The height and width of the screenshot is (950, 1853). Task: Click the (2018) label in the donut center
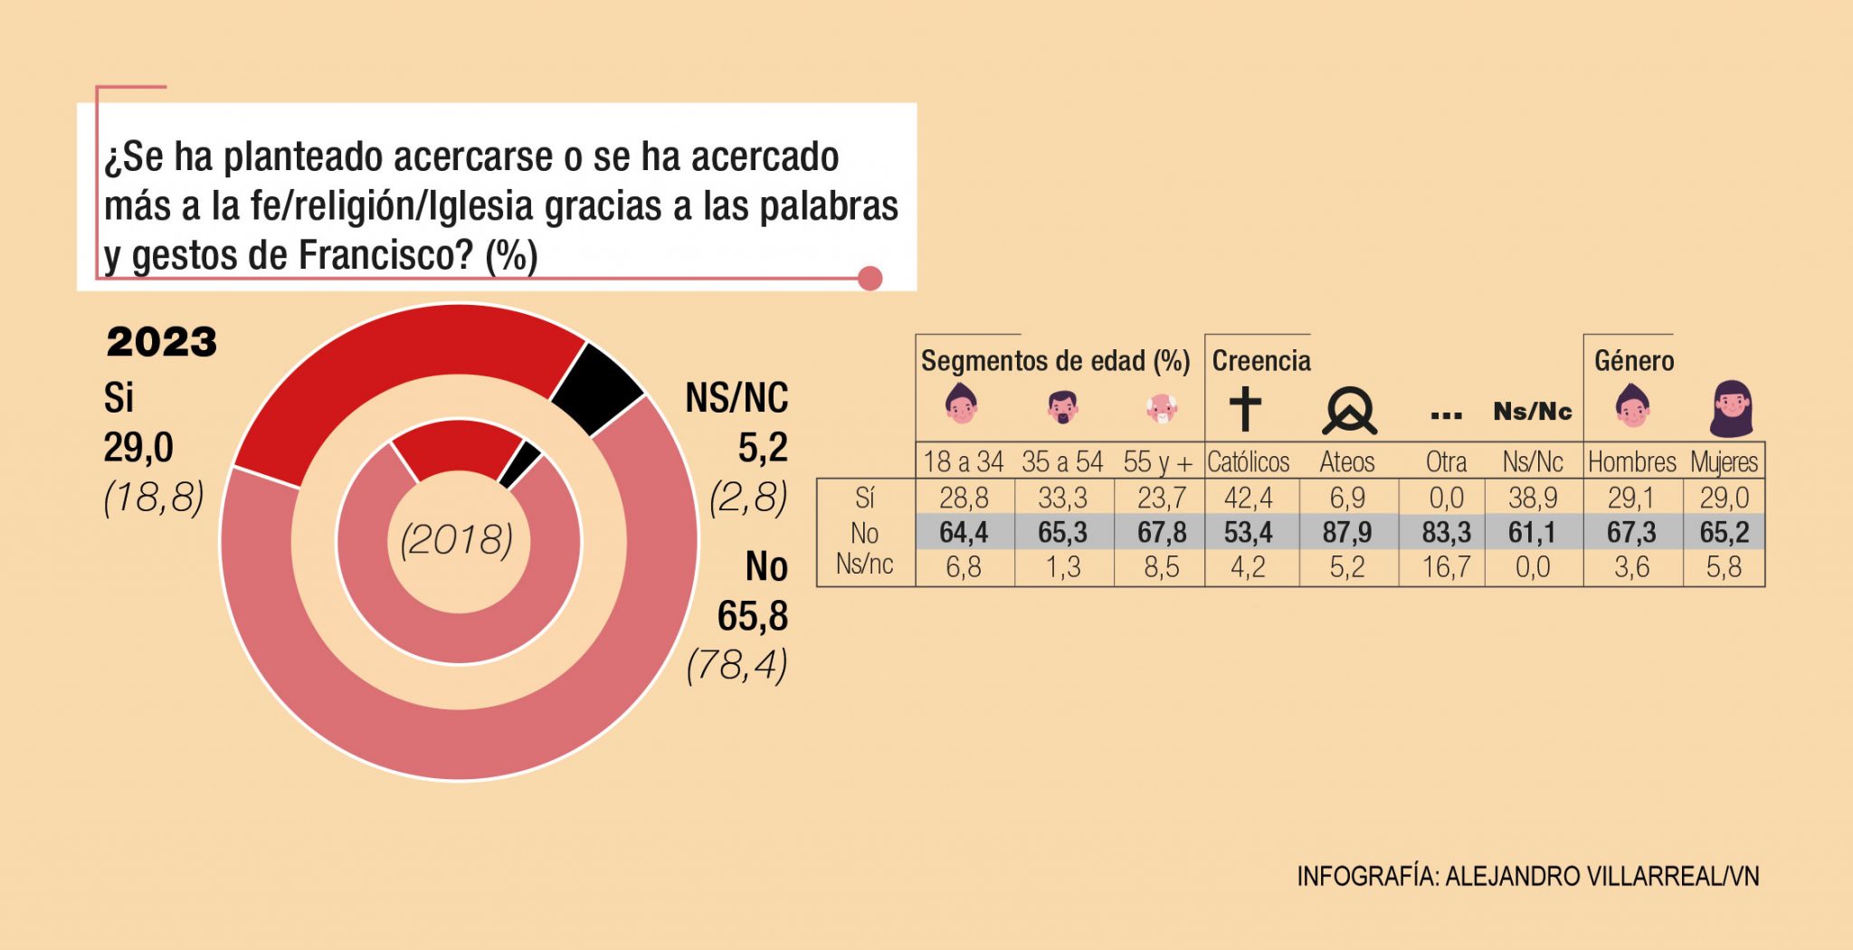pos(457,540)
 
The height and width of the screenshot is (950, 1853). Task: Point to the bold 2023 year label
pos(162,343)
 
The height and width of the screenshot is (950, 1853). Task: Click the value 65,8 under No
pos(753,617)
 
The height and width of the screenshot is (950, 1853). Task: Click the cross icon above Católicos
pos(1245,409)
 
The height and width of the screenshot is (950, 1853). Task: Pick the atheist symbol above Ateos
pos(1349,411)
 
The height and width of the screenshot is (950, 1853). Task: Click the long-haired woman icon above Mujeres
pos(1731,409)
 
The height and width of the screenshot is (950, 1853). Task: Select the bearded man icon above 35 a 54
pos(1062,407)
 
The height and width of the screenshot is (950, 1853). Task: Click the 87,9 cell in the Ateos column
pos(1347,532)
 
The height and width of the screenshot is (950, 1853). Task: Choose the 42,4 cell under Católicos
pos(1248,498)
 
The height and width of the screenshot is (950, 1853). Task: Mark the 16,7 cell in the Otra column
pos(1446,567)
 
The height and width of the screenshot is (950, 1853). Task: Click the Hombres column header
pos(1632,462)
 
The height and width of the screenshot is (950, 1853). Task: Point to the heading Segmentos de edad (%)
pos(1055,361)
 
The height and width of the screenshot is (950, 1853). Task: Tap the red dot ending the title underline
pos(869,278)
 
